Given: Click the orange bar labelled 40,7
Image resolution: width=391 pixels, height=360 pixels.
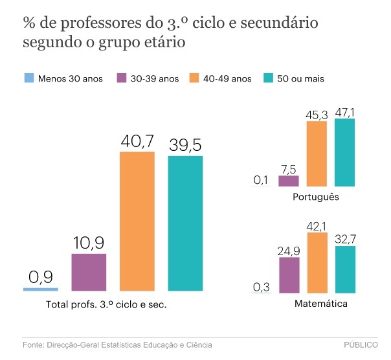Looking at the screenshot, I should click(x=137, y=221).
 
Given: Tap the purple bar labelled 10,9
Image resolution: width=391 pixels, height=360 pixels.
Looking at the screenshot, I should click(x=89, y=271).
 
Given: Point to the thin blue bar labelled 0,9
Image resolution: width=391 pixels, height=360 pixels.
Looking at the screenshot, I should click(x=41, y=289).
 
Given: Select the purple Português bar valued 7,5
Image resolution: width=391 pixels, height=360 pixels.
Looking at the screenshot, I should click(x=288, y=181).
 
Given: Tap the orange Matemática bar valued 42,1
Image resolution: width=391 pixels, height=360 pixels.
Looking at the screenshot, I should click(x=317, y=262).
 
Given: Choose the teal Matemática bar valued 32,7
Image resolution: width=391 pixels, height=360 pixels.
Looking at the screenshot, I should click(x=345, y=269).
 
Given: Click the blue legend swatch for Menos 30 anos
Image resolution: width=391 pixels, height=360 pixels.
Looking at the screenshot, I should click(x=28, y=79).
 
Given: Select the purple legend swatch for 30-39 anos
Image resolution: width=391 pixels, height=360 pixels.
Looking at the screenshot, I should click(x=121, y=79).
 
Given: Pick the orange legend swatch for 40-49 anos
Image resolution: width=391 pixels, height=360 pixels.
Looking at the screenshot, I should click(x=194, y=79).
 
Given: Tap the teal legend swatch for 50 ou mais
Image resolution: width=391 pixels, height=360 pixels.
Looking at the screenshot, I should click(x=269, y=79).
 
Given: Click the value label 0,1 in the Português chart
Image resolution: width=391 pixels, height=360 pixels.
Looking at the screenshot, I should click(x=262, y=180).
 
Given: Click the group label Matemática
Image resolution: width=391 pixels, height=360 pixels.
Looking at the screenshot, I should click(x=317, y=304).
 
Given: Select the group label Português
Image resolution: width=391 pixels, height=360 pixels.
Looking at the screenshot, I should click(x=316, y=197).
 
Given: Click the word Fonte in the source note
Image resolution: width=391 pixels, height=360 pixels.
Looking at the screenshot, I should click(x=34, y=346).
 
